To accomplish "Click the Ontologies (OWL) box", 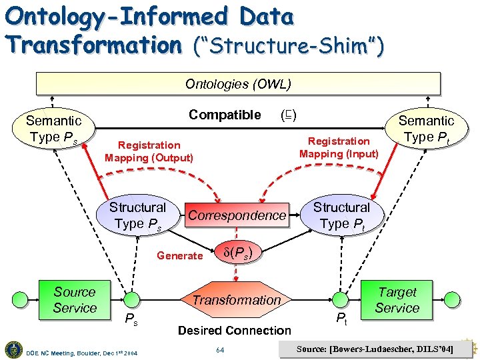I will pyautogui.click(x=238, y=84).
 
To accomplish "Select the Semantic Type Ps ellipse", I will pyautogui.click(x=53, y=129).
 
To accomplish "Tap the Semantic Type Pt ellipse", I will pyautogui.click(x=426, y=129).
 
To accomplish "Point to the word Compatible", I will pyautogui.click(x=225, y=115).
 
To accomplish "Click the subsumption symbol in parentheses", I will pyautogui.click(x=289, y=115).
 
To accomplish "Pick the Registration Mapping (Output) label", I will pyautogui.click(x=149, y=151).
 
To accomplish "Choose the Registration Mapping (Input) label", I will pyautogui.click(x=339, y=147).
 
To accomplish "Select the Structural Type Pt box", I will pyautogui.click(x=341, y=215).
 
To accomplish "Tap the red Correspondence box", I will pyautogui.click(x=237, y=215).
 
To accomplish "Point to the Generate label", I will pyautogui.click(x=179, y=255).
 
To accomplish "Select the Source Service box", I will pyautogui.click(x=75, y=300).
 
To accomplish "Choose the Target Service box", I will pyautogui.click(x=397, y=300).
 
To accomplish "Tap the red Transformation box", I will pyautogui.click(x=237, y=300).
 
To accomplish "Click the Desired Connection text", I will pyautogui.click(x=235, y=330).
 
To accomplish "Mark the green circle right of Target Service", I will pyautogui.click(x=453, y=299).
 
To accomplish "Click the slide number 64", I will pyautogui.click(x=221, y=349).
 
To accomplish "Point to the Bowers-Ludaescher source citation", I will pyautogui.click(x=375, y=349).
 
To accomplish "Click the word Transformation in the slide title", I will pyautogui.click(x=90, y=45).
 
